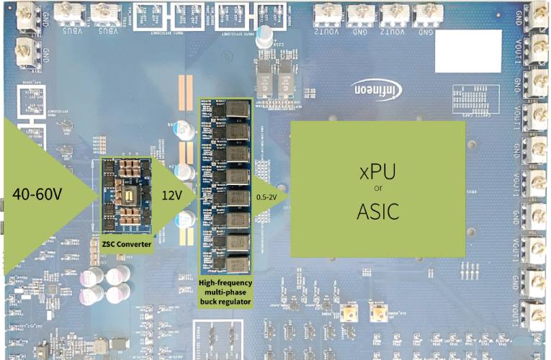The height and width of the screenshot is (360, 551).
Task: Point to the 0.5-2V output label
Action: [x=268, y=196]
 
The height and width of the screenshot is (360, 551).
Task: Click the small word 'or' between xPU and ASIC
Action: [x=377, y=191]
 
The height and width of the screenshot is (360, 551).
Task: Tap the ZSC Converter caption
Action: [x=126, y=244]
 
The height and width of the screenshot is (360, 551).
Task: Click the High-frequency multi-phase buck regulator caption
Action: [x=225, y=292]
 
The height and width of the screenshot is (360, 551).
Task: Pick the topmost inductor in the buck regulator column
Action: [x=237, y=109]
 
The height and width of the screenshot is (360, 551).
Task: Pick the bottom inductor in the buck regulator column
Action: [x=237, y=264]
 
